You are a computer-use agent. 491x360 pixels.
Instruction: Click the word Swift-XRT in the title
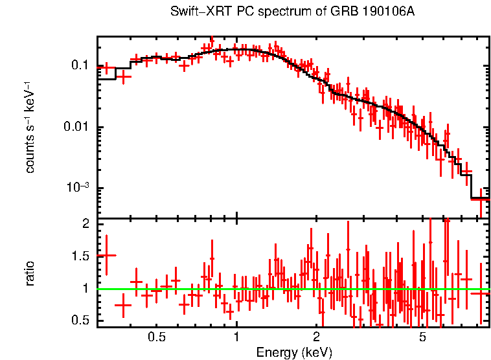coord(194,12)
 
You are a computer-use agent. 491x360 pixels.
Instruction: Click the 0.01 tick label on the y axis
coord(76,127)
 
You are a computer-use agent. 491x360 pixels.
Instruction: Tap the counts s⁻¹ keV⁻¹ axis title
coord(30,128)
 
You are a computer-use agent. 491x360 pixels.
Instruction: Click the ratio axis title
coord(30,273)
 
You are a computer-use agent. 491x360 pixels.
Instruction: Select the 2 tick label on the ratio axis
coord(85,223)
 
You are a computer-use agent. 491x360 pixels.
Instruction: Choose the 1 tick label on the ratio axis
coord(85,289)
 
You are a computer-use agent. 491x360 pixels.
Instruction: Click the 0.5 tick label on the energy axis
coord(156,337)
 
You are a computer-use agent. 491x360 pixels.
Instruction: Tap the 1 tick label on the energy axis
coord(236,337)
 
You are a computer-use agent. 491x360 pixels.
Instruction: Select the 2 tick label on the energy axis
coord(316,337)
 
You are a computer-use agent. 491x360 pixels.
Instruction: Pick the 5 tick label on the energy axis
coord(422,337)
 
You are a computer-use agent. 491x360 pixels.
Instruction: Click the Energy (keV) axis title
coord(293,352)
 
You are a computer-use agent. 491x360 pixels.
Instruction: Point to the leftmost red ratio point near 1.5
coord(106,255)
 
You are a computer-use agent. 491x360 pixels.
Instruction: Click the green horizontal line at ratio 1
coord(291,289)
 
